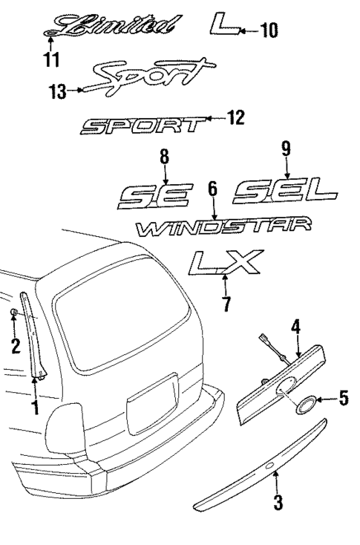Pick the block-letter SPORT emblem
[141, 126]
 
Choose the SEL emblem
[275, 195]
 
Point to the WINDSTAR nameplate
[223, 226]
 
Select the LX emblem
[223, 263]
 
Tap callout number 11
[50, 57]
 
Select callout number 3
[278, 503]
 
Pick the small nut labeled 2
[14, 314]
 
